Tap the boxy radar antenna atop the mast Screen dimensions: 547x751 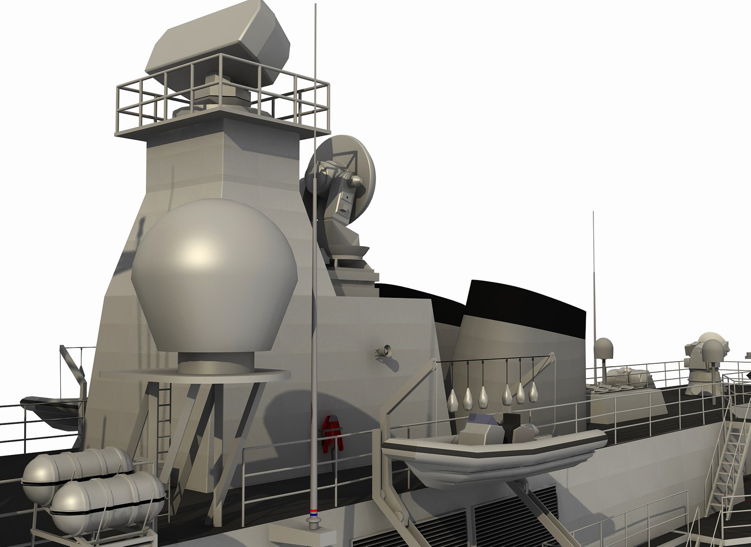[218, 46]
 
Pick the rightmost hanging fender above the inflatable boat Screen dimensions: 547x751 [533, 390]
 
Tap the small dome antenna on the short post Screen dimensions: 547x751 [603, 349]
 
